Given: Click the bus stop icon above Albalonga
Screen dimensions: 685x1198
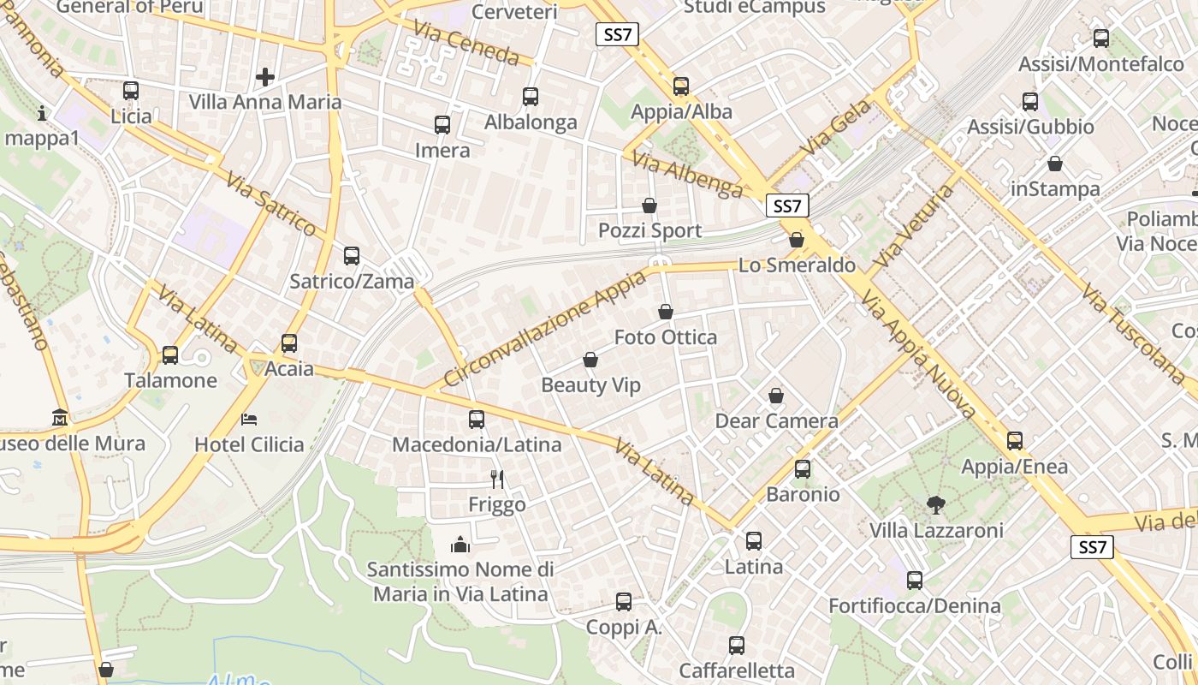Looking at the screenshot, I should click(x=531, y=97).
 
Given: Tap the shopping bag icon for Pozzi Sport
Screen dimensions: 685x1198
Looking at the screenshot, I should click(x=649, y=205).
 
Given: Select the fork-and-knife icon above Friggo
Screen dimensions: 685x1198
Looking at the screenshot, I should click(x=497, y=479).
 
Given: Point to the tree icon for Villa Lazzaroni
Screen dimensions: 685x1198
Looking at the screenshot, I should click(x=936, y=505).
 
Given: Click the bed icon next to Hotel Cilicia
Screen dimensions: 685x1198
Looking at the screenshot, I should click(x=249, y=419).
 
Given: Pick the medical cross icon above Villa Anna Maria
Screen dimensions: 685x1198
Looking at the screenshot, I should click(x=265, y=77).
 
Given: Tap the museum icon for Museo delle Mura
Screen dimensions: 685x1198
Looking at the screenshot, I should click(x=60, y=418).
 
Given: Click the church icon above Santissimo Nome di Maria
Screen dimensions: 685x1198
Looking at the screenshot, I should click(x=460, y=545).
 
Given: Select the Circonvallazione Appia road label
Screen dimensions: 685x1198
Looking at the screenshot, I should click(x=545, y=329).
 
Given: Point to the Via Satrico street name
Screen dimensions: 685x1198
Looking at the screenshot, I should click(x=272, y=204).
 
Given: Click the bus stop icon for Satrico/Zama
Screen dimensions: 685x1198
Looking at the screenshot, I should click(x=352, y=255).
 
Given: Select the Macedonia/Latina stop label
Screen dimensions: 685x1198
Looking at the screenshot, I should click(x=477, y=444).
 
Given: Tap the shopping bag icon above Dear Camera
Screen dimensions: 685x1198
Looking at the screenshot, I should click(x=776, y=396).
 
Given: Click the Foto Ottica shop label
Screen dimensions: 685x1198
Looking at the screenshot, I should click(x=666, y=337).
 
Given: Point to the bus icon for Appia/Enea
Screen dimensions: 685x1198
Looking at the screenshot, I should click(x=1015, y=441).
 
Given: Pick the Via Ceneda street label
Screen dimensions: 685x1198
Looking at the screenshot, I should click(x=466, y=42).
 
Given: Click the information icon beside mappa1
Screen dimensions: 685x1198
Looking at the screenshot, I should click(x=42, y=112).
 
